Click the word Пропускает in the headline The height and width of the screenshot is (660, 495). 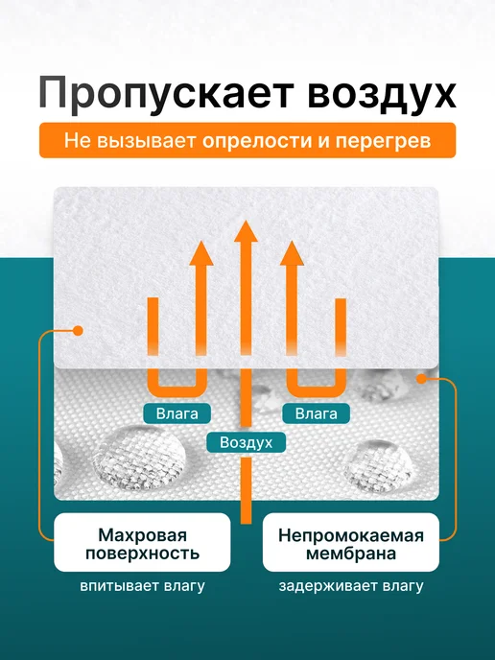[x=165, y=93]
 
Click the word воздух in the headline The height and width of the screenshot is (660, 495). [x=382, y=93]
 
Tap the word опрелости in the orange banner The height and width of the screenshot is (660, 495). [x=257, y=141]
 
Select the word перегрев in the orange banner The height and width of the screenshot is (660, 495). [x=383, y=141]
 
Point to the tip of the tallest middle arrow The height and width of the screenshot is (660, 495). [x=246, y=220]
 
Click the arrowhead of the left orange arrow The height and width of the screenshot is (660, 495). [x=201, y=253]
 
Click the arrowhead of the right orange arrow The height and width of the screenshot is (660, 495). [x=293, y=253]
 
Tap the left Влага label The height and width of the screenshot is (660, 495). [x=177, y=413]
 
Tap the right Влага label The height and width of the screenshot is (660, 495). [x=317, y=413]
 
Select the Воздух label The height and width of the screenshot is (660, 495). [x=247, y=442]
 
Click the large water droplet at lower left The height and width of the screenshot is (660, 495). [x=138, y=458]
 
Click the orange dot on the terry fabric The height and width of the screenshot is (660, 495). [x=78, y=331]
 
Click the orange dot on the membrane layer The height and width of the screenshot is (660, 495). [x=421, y=379]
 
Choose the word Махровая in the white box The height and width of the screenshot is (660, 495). [x=142, y=535]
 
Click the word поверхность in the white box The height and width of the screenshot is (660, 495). [x=142, y=554]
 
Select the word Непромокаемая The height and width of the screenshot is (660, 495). [x=351, y=536]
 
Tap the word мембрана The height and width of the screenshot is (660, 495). [x=351, y=554]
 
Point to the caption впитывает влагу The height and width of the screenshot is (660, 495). [x=142, y=586]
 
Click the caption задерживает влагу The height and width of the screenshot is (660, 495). [x=351, y=586]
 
